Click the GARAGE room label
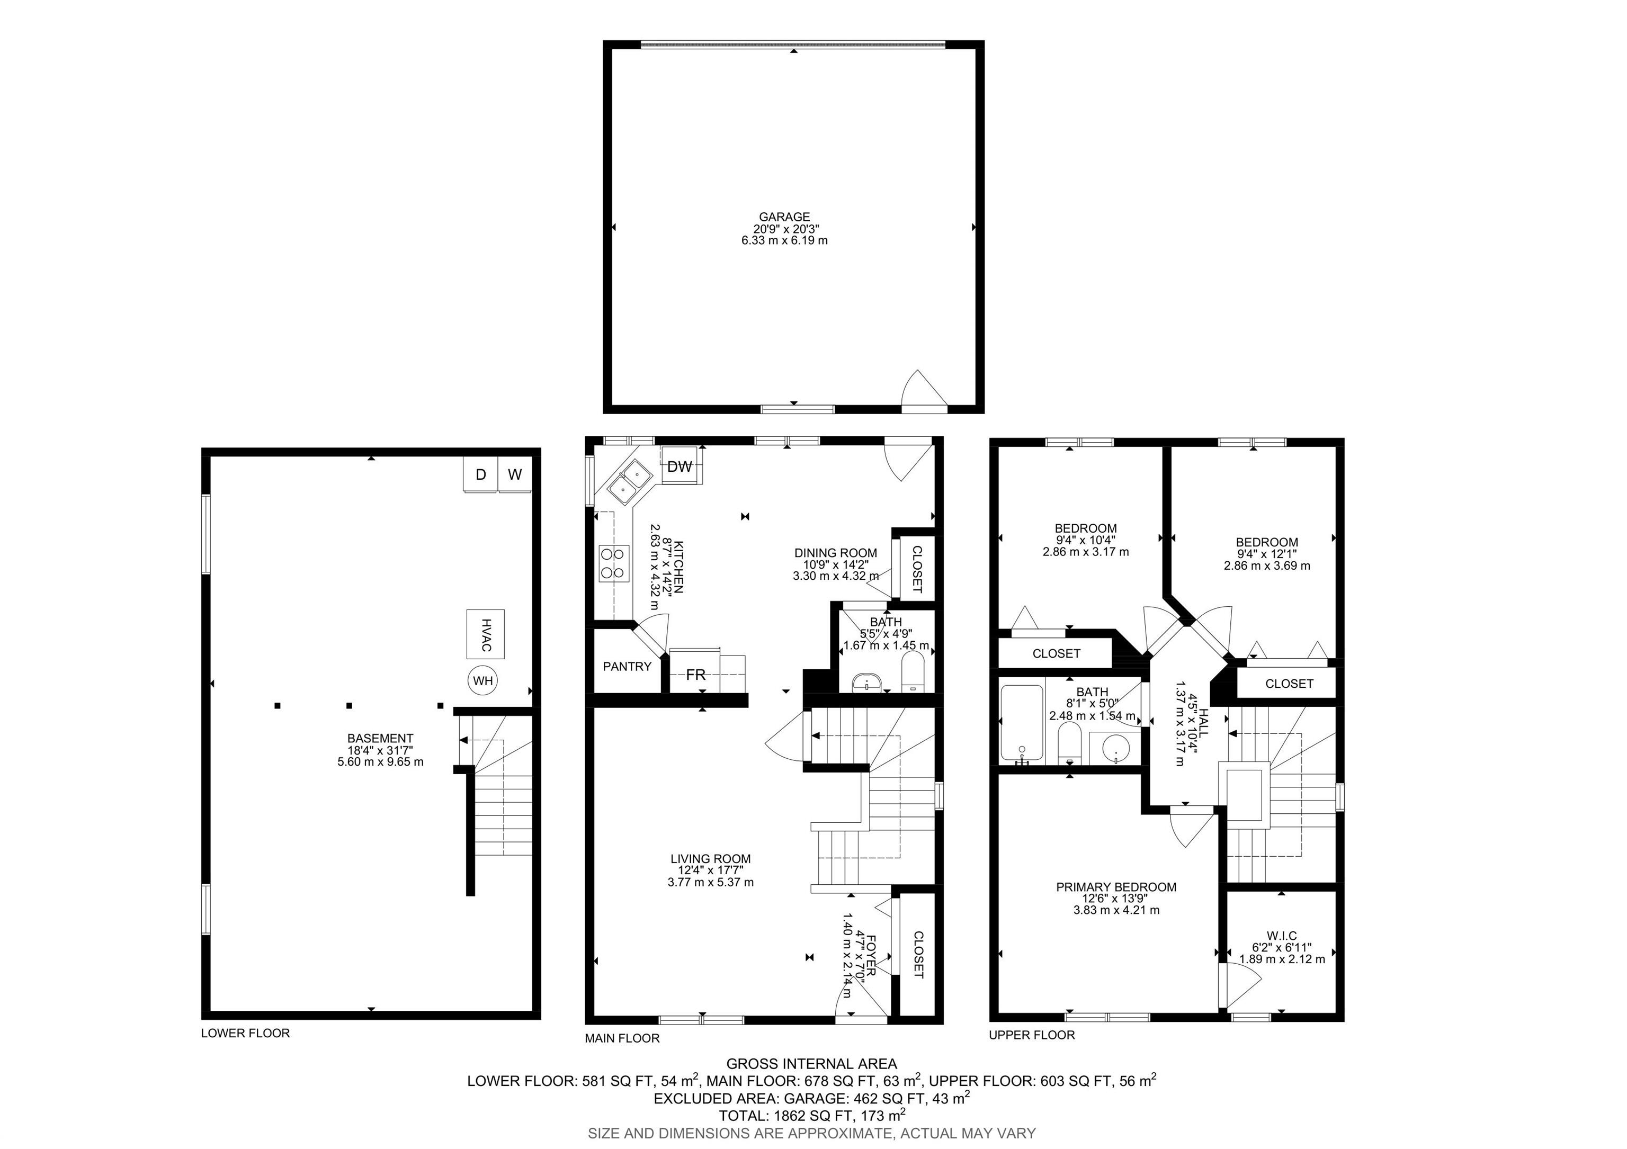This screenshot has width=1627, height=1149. coord(784,217)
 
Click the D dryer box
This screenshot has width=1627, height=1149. coord(480,474)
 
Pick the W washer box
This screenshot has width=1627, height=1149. coord(515,474)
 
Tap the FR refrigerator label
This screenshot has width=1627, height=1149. coord(696,675)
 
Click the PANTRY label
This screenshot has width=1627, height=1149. coord(627,667)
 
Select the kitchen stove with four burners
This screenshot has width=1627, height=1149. coord(614,563)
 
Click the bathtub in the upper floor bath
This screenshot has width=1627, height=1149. coord(1021,724)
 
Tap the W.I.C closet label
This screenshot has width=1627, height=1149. coord(1281,936)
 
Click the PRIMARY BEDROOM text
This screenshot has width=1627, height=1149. coord(1116,887)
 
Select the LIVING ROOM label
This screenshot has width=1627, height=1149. coord(710,859)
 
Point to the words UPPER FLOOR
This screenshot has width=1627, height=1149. coord(1032,1035)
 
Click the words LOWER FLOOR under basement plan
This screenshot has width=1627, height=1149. coord(245,1033)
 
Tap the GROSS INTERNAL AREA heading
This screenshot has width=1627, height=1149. coord(811,1063)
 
